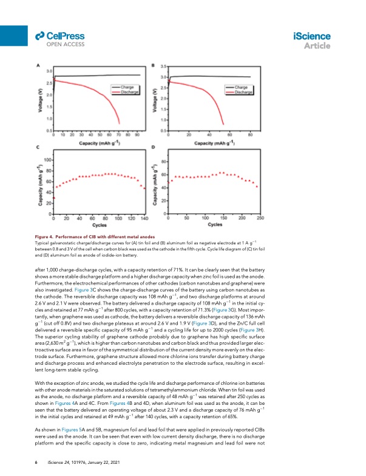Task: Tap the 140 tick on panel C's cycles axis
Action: point(144,218)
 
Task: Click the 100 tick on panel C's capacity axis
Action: point(47,159)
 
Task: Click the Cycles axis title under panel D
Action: point(214,224)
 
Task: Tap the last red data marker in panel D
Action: point(258,186)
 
